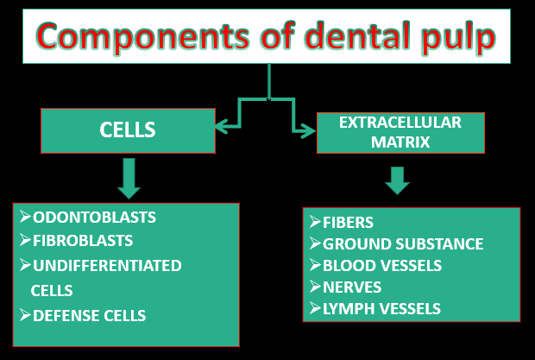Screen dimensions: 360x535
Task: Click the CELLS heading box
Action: [x=128, y=130]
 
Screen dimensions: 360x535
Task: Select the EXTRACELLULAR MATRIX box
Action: [x=400, y=132]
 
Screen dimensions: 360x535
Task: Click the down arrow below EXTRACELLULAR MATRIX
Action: [x=397, y=180]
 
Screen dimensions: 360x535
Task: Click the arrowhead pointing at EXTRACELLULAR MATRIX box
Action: [x=308, y=131]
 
